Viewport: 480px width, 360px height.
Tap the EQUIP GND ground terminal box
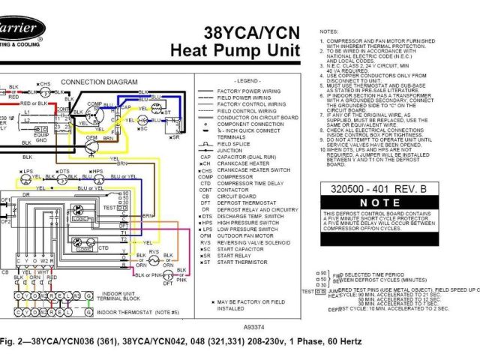pos(41,137)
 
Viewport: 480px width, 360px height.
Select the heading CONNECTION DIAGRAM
pos(97,81)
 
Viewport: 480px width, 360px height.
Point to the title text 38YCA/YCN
pos(252,33)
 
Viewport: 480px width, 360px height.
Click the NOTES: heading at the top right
pos(329,32)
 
